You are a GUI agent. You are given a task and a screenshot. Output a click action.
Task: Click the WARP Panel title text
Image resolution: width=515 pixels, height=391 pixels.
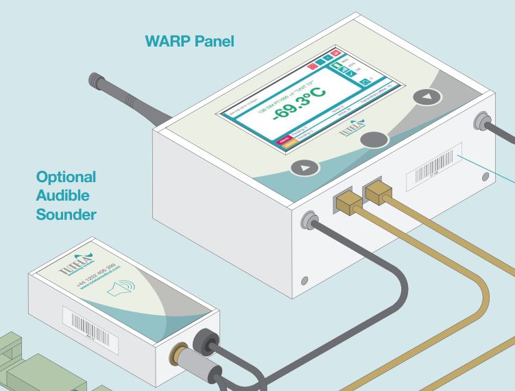[x=190, y=41]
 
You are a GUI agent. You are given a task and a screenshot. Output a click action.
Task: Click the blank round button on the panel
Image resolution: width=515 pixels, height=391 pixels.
[x=374, y=139]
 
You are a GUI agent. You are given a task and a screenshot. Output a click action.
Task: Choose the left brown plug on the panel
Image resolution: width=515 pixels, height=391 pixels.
[x=346, y=201]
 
